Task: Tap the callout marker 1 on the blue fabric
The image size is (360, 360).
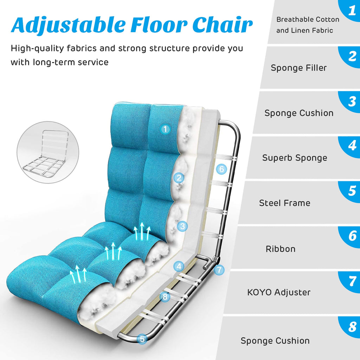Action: (165, 129)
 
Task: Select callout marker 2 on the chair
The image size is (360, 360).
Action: (179, 178)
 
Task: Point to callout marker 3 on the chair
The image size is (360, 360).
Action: (182, 226)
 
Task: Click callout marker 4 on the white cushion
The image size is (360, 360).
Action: (179, 266)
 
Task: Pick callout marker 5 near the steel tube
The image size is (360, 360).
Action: (142, 339)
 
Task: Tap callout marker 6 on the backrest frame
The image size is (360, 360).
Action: (221, 169)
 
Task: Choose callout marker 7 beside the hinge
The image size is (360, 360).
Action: (219, 270)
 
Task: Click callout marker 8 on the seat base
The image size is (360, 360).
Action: (165, 297)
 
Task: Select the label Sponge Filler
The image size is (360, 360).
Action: (298, 68)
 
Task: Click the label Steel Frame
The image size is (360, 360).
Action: (284, 203)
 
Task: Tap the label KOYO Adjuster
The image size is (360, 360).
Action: (279, 292)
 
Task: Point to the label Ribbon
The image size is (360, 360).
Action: (280, 249)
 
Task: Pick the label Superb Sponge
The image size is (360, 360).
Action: (294, 158)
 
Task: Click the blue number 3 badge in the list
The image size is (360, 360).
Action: (352, 101)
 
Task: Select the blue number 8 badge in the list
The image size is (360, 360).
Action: (352, 327)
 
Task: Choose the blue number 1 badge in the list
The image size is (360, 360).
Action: (352, 11)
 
